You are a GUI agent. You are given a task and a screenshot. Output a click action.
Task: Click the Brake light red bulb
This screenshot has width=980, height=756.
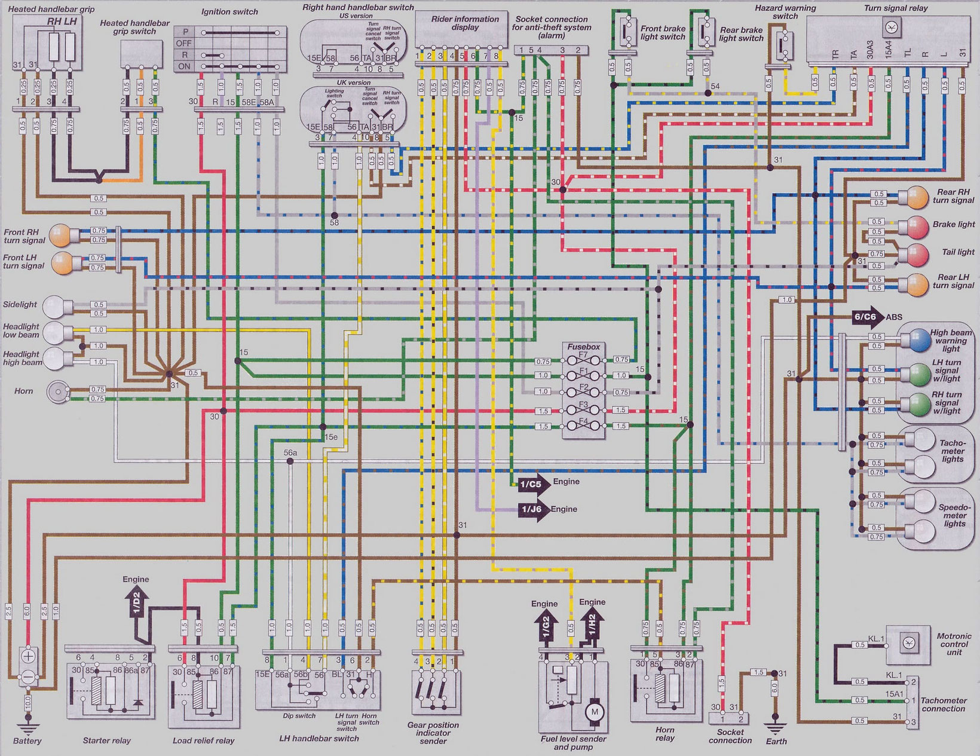(x=918, y=227)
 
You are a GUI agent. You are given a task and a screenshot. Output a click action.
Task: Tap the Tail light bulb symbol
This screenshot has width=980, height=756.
(x=918, y=254)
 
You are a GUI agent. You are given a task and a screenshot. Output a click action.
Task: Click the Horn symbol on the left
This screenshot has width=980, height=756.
(x=57, y=392)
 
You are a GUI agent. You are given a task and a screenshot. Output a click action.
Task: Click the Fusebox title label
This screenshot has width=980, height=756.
(x=583, y=347)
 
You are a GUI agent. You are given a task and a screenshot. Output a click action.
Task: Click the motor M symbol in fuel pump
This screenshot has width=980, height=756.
(x=594, y=711)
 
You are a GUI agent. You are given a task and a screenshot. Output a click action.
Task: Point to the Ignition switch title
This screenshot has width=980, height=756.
(x=229, y=12)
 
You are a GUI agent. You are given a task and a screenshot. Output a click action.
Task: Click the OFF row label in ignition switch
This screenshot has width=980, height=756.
(x=184, y=44)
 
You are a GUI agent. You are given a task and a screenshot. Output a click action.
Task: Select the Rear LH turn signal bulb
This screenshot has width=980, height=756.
(x=918, y=283)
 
